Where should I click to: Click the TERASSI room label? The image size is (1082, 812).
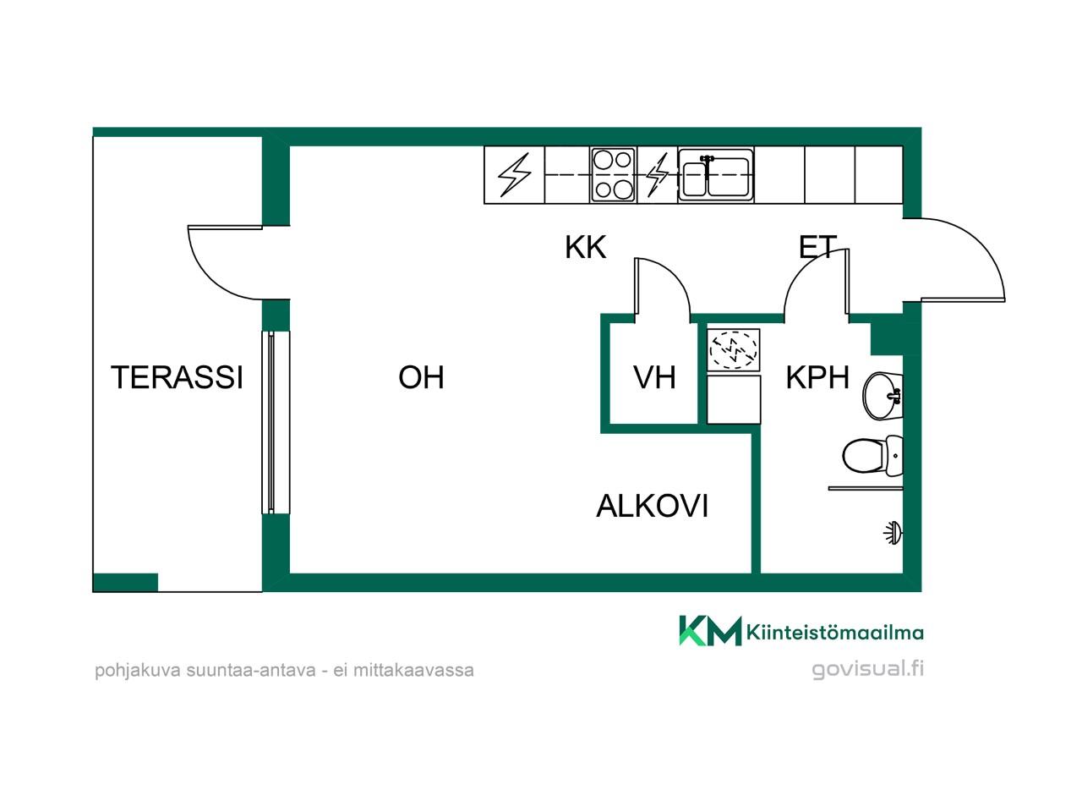[x=177, y=377]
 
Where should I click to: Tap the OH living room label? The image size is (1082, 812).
[x=421, y=377]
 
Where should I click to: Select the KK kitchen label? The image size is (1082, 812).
[x=585, y=248]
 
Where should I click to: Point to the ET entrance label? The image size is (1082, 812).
[x=817, y=248]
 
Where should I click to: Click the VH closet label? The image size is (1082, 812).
[x=654, y=377]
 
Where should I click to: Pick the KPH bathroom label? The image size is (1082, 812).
[x=817, y=377]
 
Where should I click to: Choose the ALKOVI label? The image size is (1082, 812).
[x=652, y=506]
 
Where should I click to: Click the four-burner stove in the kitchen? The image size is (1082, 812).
[x=613, y=175]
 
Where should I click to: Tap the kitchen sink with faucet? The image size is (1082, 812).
[x=716, y=175]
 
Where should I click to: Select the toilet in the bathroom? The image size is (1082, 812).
[x=872, y=456]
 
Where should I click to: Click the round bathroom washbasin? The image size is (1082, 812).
[x=883, y=396]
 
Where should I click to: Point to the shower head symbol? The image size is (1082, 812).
[x=893, y=534]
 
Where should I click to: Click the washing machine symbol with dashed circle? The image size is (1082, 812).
[x=733, y=350]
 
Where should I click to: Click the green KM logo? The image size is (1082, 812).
[x=710, y=631]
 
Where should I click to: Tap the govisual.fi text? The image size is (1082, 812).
[x=867, y=669]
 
